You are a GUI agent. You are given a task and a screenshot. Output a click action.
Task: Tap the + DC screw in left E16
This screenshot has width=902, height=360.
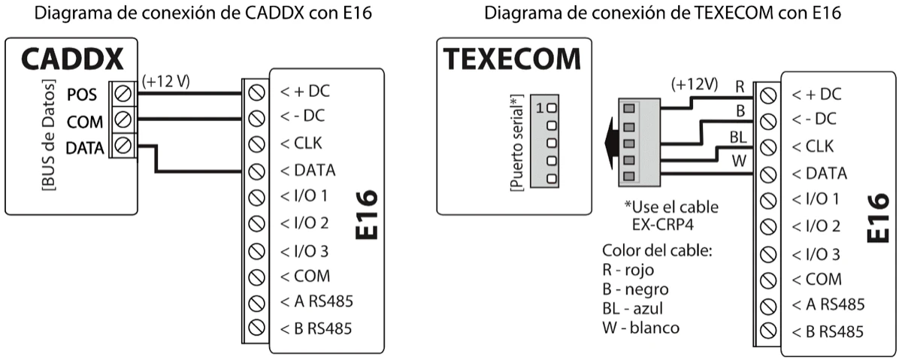coord(256,92)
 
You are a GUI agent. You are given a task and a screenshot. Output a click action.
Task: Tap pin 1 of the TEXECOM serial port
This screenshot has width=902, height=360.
coord(551,107)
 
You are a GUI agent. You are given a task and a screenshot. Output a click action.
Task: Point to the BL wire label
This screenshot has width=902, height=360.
coord(737,137)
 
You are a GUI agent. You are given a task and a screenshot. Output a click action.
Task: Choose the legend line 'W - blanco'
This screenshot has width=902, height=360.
coord(641,328)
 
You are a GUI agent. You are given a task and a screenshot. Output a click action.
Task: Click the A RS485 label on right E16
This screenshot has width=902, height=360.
coord(828,304)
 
